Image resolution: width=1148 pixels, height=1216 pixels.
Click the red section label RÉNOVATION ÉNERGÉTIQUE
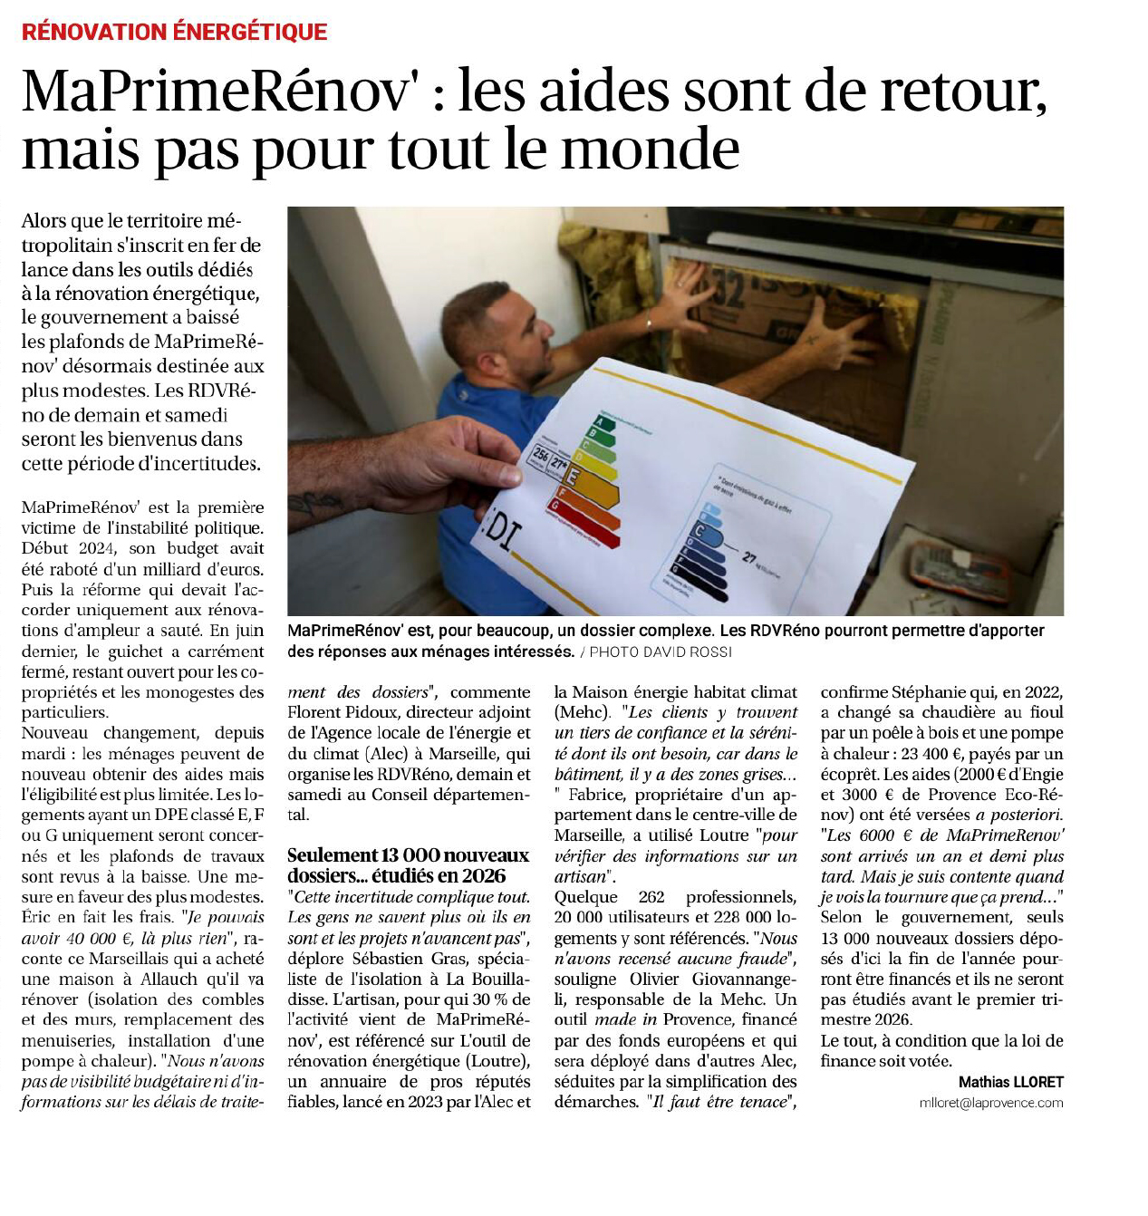click(x=174, y=32)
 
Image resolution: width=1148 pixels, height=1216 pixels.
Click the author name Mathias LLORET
click(x=1010, y=1082)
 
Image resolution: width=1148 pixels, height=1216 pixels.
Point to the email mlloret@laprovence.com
click(x=990, y=1103)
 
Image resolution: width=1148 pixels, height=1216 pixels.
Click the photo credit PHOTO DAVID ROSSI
click(x=661, y=652)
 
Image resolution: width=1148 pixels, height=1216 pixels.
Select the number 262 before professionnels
click(x=651, y=897)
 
